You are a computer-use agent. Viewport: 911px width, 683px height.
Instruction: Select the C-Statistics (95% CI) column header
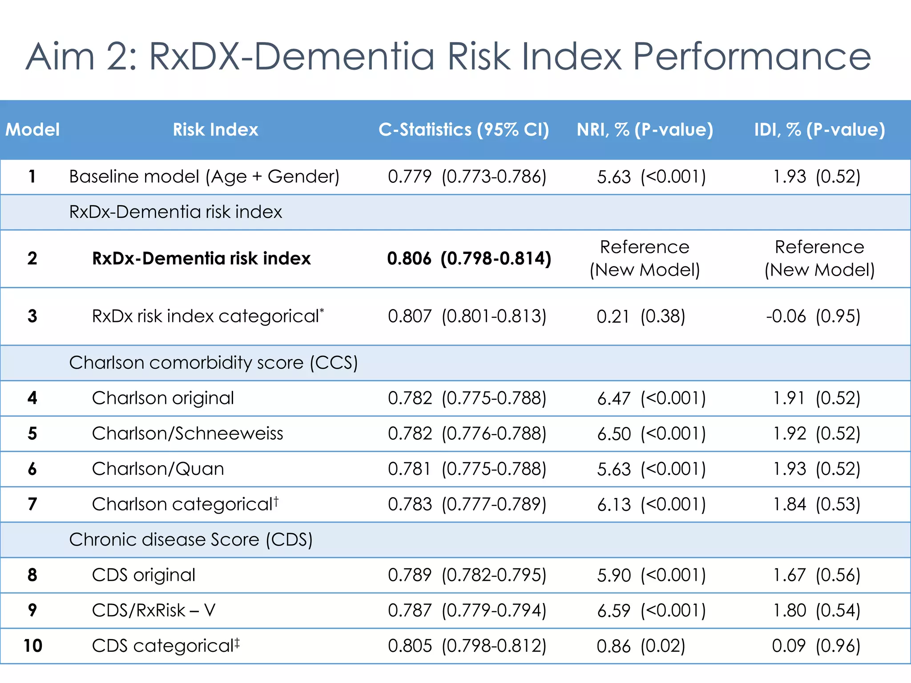tap(464, 130)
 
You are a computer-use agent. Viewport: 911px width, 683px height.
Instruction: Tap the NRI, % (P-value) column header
tap(645, 130)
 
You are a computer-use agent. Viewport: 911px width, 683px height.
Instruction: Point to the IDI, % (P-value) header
tap(819, 130)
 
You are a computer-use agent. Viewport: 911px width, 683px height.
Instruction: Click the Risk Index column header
tap(215, 130)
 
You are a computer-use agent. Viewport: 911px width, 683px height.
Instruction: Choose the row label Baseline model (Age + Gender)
tap(204, 177)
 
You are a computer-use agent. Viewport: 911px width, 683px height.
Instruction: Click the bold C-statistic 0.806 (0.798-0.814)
tap(469, 258)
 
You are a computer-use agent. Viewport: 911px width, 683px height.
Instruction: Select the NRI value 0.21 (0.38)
tap(641, 316)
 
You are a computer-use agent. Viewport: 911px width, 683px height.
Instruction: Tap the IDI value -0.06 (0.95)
tap(813, 316)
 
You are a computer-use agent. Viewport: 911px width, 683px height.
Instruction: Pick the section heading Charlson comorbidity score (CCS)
tap(214, 363)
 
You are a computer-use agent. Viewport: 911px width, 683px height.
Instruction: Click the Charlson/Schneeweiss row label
tap(187, 434)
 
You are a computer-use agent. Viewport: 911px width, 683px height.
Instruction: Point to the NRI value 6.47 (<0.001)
tap(651, 398)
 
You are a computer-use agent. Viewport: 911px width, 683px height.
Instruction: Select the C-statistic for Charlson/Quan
tap(467, 469)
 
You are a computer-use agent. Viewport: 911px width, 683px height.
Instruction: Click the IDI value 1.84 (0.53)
tap(816, 504)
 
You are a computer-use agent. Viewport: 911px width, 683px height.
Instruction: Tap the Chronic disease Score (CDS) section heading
tap(191, 540)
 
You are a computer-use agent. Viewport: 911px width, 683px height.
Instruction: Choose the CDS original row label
tap(144, 575)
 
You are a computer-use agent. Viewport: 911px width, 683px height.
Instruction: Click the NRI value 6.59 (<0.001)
tap(651, 611)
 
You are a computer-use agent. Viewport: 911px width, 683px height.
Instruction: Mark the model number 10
tap(32, 646)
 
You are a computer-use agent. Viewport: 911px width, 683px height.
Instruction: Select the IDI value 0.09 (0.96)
tap(816, 646)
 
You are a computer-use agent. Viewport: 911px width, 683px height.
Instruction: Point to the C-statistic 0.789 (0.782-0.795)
tap(467, 575)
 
